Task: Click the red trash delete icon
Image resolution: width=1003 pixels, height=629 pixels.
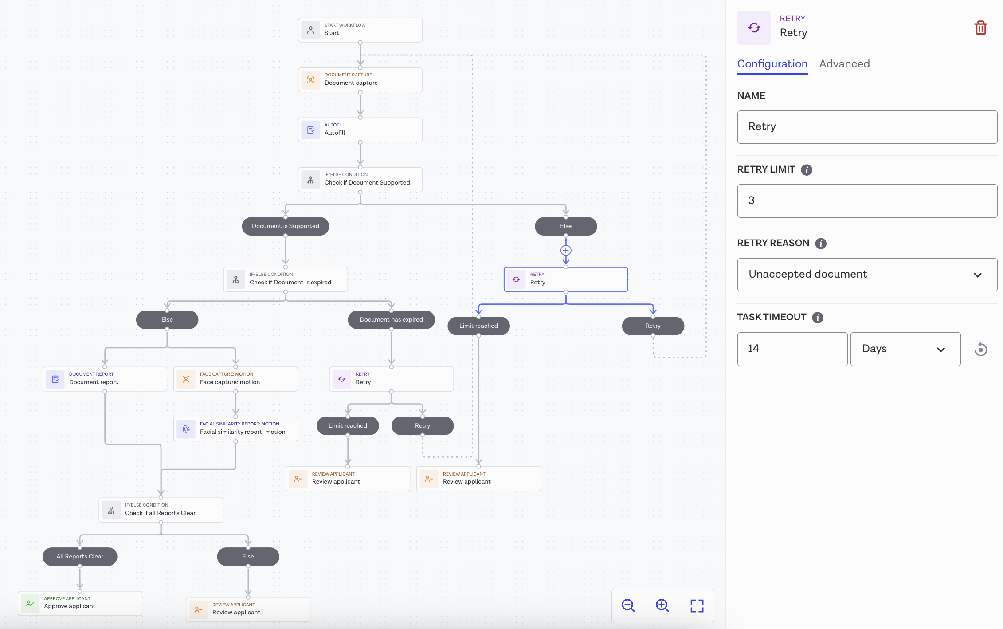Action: tap(980, 28)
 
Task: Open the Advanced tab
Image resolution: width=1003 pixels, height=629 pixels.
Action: tap(844, 64)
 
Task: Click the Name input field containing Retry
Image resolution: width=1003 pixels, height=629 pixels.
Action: tap(867, 127)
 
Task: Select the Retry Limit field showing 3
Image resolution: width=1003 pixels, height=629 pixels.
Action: tap(867, 201)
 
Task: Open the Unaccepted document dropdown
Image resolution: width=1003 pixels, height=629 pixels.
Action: tap(867, 275)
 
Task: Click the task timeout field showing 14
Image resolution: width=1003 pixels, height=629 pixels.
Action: tap(792, 349)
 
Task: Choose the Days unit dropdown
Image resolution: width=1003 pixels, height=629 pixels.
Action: tap(905, 349)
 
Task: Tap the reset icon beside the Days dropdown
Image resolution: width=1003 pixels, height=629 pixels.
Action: tap(980, 350)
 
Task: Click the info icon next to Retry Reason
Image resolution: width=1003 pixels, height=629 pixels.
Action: tap(820, 244)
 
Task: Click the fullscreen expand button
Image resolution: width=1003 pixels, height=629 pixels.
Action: tap(697, 606)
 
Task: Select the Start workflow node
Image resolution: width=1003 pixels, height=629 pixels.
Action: tap(360, 30)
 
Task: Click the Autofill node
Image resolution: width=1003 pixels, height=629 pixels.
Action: tap(360, 130)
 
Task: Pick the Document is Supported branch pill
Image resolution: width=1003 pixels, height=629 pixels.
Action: tap(285, 226)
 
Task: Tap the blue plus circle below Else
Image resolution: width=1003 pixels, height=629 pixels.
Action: tap(566, 251)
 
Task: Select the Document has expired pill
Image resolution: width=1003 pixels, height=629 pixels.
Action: tap(391, 320)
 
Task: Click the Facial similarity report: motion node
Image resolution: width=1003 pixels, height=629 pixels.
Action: tap(235, 429)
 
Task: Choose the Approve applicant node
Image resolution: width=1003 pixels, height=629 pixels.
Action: tap(80, 603)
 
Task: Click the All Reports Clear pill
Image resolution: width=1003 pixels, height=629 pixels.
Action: tap(80, 557)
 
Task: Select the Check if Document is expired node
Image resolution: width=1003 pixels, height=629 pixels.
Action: tap(285, 279)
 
